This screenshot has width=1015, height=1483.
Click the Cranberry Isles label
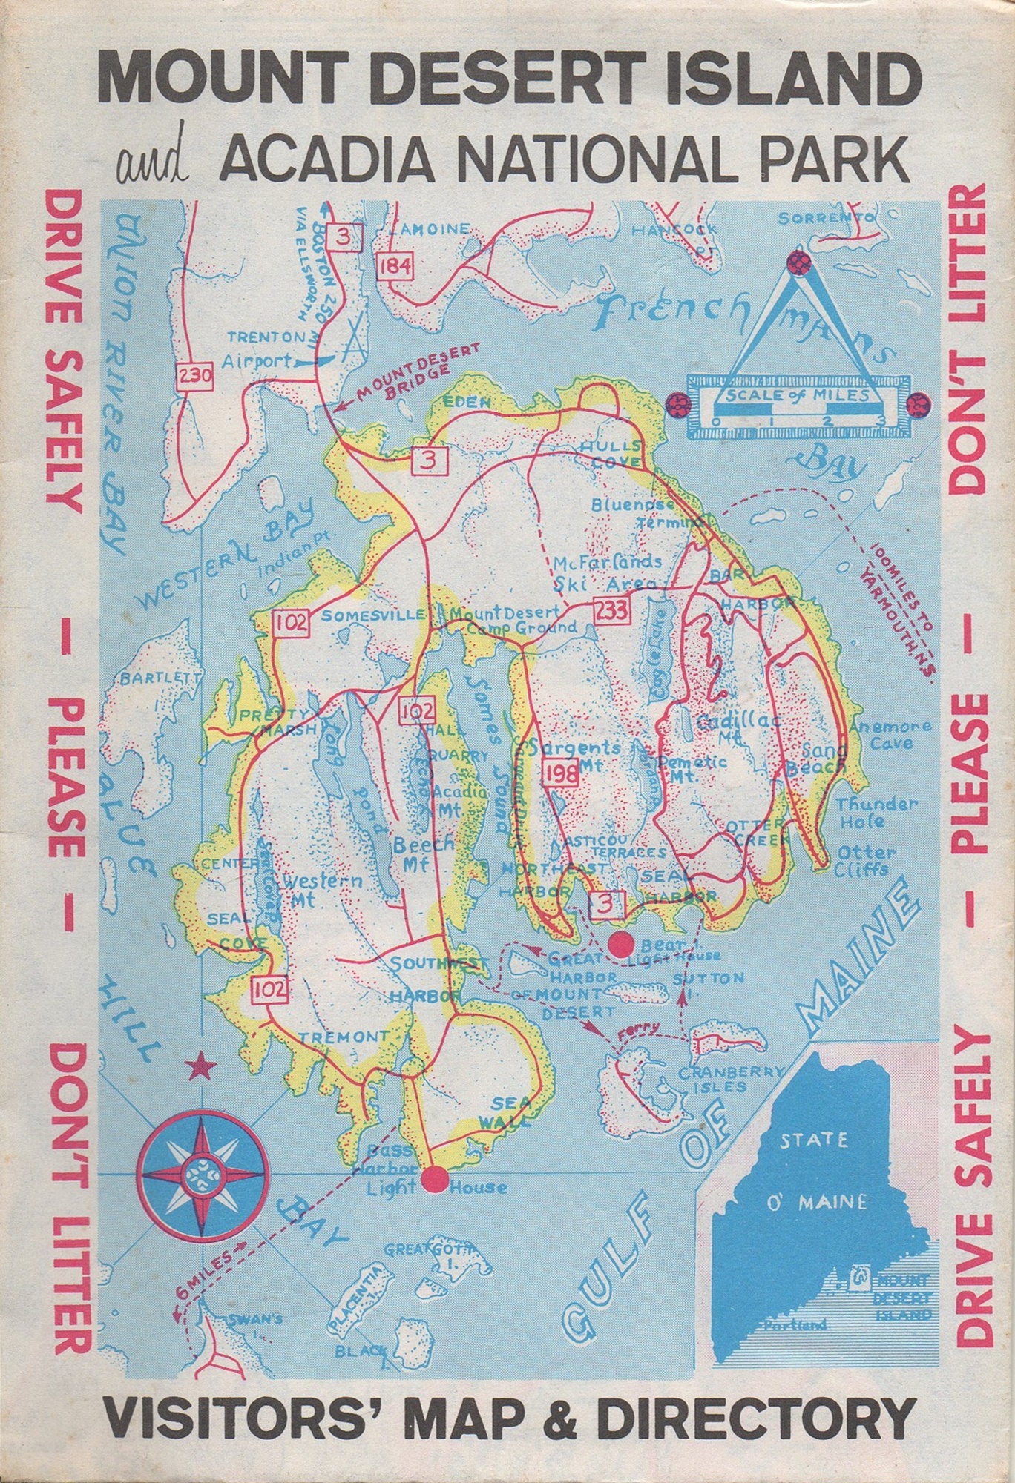(x=730, y=1079)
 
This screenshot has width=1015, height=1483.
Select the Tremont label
(x=344, y=1037)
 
